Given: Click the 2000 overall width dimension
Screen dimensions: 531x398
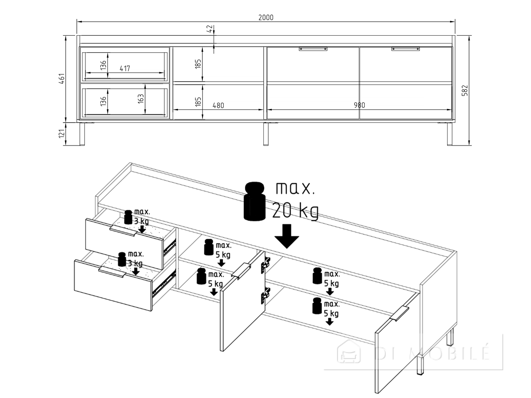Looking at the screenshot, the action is (x=265, y=18).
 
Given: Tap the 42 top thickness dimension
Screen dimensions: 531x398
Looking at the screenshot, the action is (x=210, y=29).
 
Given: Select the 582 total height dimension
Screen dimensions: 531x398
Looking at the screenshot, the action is (x=465, y=90).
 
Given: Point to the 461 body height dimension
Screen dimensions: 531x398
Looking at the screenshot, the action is (x=62, y=78).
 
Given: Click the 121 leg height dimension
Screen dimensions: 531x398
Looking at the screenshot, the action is (x=62, y=133).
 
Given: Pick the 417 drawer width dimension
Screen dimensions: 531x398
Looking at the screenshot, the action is (x=125, y=69).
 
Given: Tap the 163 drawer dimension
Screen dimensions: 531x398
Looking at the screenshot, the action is (x=141, y=99).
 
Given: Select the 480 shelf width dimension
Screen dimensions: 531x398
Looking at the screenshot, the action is (x=218, y=106).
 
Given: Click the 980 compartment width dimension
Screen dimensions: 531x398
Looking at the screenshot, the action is (x=359, y=105).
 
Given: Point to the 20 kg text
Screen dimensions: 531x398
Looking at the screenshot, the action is (x=295, y=211).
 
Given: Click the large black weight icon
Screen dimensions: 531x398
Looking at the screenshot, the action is (x=254, y=201).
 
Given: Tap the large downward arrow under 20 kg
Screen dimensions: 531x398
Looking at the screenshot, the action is (x=287, y=236).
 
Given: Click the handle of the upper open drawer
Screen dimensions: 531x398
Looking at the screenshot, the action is (x=123, y=231).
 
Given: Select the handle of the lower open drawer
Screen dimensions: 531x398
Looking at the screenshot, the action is (x=112, y=272).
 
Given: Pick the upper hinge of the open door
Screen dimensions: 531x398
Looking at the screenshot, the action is (x=265, y=265).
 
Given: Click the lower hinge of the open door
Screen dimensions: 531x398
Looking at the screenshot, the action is (x=265, y=295).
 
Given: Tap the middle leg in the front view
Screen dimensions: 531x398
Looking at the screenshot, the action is (x=266, y=134).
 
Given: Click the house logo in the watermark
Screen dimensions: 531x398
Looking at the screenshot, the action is (x=349, y=352).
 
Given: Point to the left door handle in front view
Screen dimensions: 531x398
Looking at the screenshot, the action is (x=313, y=49).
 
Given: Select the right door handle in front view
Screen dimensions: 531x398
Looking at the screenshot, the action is (x=406, y=49).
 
